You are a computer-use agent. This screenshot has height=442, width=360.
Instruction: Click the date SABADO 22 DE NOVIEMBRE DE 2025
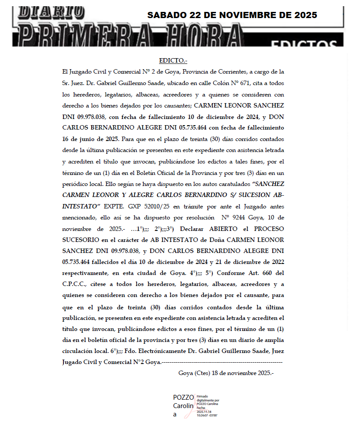232,15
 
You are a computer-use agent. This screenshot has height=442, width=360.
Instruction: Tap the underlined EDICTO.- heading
173,60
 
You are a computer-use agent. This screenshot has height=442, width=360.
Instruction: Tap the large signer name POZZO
183,397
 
